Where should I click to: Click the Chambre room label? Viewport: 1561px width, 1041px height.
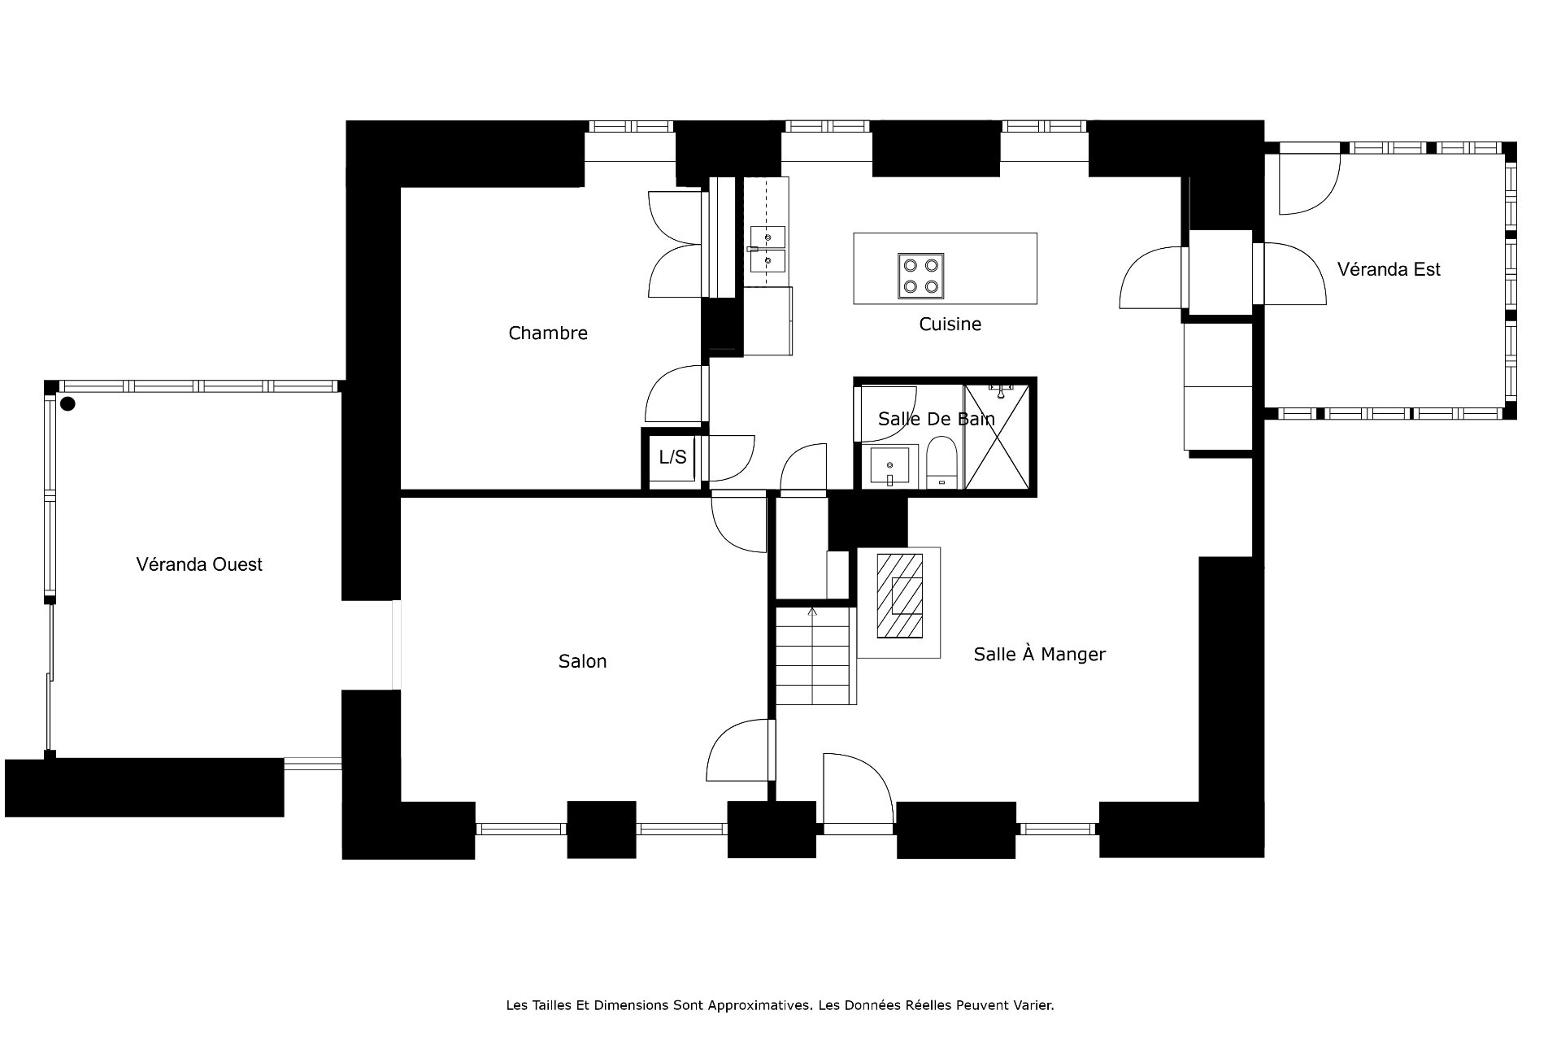click(x=547, y=333)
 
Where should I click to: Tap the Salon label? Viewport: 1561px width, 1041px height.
click(x=582, y=661)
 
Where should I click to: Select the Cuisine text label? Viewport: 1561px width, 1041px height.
click(x=950, y=324)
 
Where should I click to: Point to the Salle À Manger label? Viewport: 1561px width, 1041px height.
click(x=1039, y=653)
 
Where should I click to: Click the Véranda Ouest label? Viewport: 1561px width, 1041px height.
click(x=199, y=564)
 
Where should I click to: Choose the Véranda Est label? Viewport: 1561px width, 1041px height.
click(x=1389, y=269)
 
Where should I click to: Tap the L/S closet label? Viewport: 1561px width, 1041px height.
click(x=672, y=457)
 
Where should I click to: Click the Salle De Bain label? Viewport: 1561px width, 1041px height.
click(x=937, y=419)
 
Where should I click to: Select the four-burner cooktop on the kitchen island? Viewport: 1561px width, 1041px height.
click(x=921, y=275)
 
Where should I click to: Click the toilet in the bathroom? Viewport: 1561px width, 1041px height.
click(x=942, y=463)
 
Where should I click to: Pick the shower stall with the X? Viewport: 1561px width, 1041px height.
click(x=997, y=437)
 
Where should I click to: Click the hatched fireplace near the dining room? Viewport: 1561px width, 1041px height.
click(x=899, y=596)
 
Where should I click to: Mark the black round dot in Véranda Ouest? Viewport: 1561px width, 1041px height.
click(x=67, y=403)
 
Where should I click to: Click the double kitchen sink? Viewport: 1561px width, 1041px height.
click(x=767, y=249)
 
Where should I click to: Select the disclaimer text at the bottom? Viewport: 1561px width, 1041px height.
click(x=780, y=1005)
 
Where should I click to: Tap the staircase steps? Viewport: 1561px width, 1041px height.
click(x=815, y=655)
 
